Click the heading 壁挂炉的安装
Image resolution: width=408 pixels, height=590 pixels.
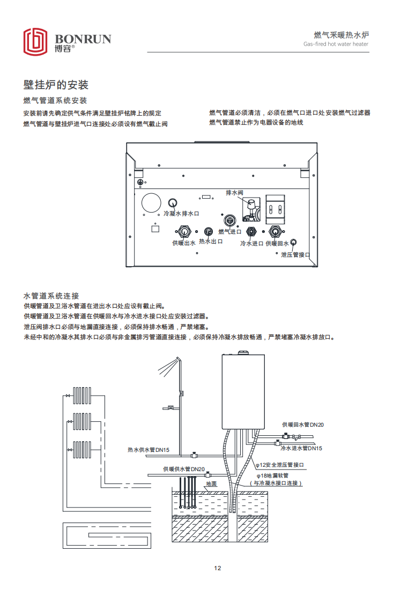[56, 85]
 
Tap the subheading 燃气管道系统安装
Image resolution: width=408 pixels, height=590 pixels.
[55, 100]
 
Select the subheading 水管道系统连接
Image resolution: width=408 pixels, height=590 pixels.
[51, 296]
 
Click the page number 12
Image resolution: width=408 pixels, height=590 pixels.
[217, 568]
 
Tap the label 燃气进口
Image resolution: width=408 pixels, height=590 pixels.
[230, 232]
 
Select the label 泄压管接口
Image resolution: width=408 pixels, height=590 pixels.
[296, 254]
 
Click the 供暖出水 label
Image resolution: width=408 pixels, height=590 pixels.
[184, 243]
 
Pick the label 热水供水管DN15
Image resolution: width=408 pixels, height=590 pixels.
[148, 450]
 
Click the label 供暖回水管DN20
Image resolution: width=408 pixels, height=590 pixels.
[303, 425]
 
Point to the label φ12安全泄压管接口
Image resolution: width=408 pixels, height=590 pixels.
[279, 465]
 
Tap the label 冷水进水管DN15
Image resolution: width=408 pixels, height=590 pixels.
[302, 448]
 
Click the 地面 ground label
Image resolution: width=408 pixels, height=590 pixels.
[211, 483]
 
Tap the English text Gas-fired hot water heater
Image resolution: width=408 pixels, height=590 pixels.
[336, 44]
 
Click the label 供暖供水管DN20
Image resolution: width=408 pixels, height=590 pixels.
[184, 469]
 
